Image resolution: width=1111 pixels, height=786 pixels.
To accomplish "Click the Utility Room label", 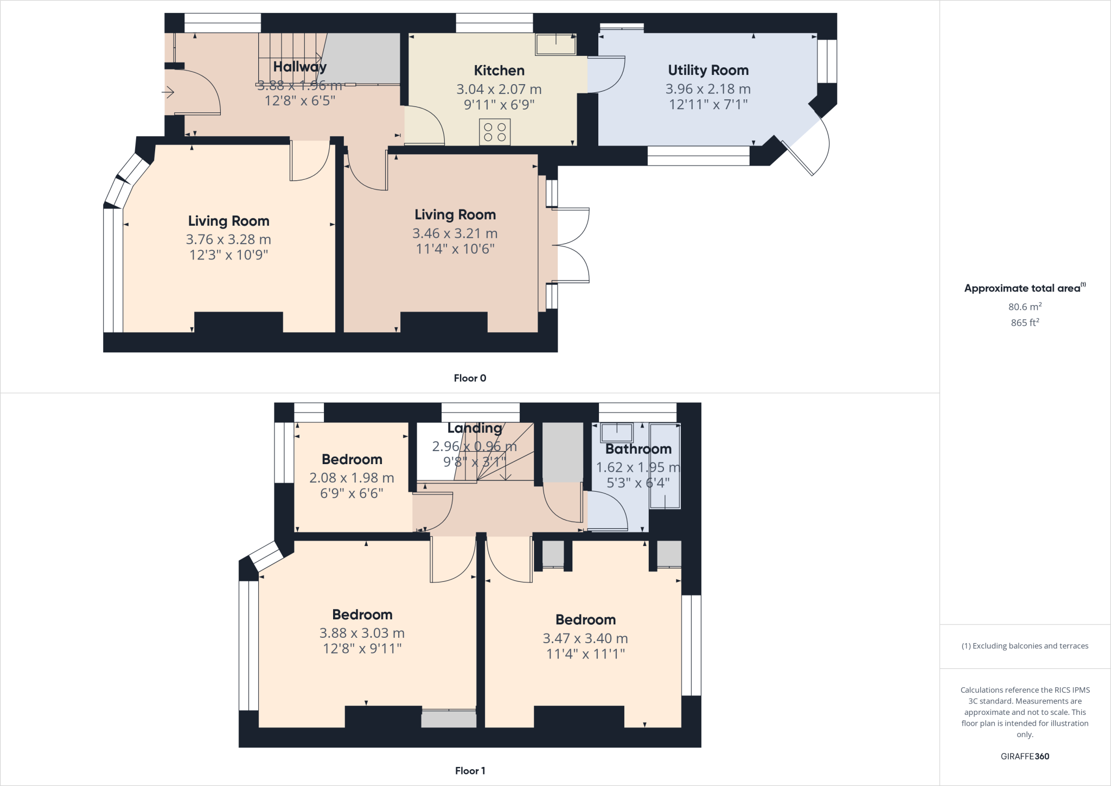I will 708,70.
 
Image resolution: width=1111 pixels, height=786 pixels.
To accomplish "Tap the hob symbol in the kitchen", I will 495,132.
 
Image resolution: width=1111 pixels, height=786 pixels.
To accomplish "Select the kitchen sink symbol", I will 555,45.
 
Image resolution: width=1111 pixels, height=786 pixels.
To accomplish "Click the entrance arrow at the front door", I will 168,93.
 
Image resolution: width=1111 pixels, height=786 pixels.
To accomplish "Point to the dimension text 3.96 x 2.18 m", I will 708,89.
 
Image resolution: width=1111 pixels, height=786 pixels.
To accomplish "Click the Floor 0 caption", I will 470,378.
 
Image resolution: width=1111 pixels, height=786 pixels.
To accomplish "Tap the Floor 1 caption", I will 470,771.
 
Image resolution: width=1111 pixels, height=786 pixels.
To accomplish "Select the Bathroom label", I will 638,449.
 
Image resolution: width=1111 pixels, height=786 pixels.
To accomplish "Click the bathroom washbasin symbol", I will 617,433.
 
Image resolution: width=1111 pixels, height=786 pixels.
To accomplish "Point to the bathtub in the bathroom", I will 665,466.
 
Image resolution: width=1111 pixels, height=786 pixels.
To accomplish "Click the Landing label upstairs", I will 475,428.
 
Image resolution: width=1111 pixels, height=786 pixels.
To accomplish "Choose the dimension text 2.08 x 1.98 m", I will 352,478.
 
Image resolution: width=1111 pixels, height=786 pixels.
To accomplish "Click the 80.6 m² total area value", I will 1025,307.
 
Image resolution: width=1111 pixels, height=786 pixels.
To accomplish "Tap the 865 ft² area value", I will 1025,322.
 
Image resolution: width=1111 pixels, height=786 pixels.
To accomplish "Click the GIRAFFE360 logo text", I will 1025,756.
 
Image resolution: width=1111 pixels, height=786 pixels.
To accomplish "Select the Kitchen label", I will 499,71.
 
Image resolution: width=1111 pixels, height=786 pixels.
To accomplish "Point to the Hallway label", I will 299,67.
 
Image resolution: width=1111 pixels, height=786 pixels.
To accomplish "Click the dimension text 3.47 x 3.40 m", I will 585,639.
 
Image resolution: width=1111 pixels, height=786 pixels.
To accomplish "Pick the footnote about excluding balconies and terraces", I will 1025,646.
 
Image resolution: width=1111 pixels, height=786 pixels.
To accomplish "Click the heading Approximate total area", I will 1023,288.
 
